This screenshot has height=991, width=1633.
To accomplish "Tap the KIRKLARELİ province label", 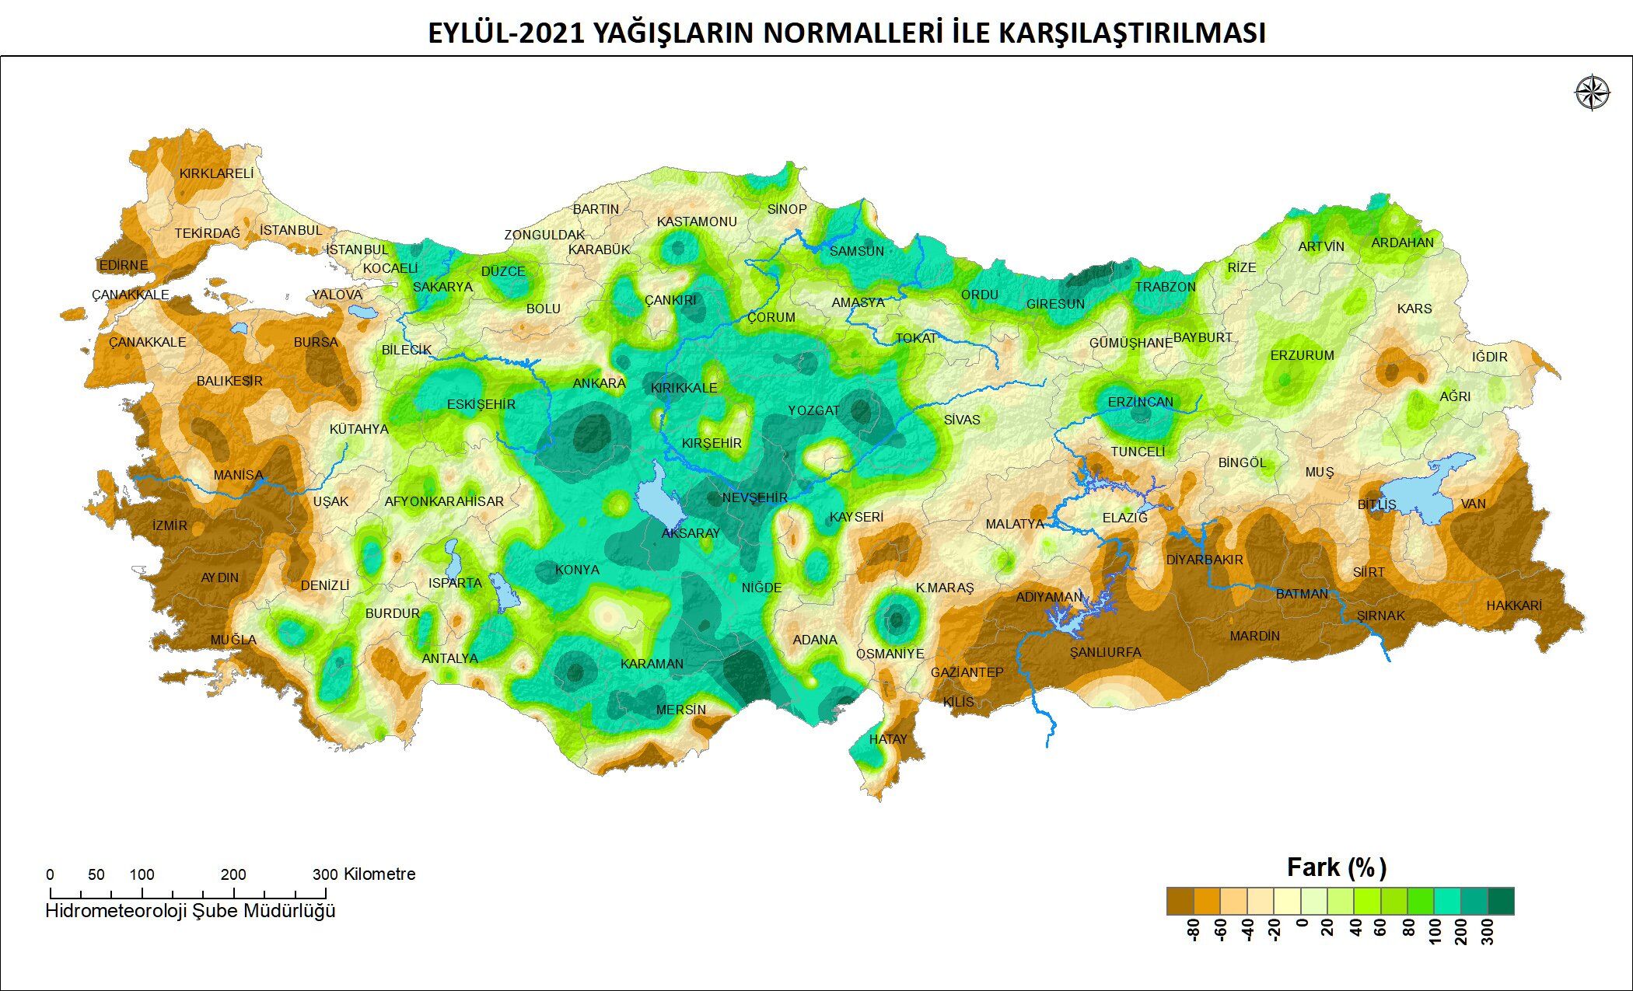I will pos(216,173).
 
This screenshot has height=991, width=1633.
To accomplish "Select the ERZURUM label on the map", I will pos(1302,355).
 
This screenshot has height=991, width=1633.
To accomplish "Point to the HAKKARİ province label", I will pos(1513,605).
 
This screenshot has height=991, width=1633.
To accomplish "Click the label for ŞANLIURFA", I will pos(1105,652).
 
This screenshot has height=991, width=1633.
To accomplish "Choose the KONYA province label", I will pos(577,570).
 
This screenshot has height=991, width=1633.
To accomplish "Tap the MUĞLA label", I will pos(233,640).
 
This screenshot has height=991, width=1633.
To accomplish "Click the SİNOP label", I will pos(787,209).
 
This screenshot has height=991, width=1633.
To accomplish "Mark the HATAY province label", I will pos(887,739).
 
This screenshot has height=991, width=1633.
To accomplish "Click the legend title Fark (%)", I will pos(1337,867).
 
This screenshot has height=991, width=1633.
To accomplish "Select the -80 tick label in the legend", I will pos(1195,930).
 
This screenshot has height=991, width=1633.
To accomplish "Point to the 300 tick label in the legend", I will pos(1488,930).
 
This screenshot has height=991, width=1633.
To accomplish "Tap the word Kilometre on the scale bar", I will pos(379,874).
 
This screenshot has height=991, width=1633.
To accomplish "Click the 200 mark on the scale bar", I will pos(233,874).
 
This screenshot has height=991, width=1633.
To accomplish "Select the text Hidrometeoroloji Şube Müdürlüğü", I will pos(191,910).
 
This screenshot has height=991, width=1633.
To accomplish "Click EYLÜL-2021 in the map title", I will pos(505,33).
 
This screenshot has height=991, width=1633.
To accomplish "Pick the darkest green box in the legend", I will pos(1501,901).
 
